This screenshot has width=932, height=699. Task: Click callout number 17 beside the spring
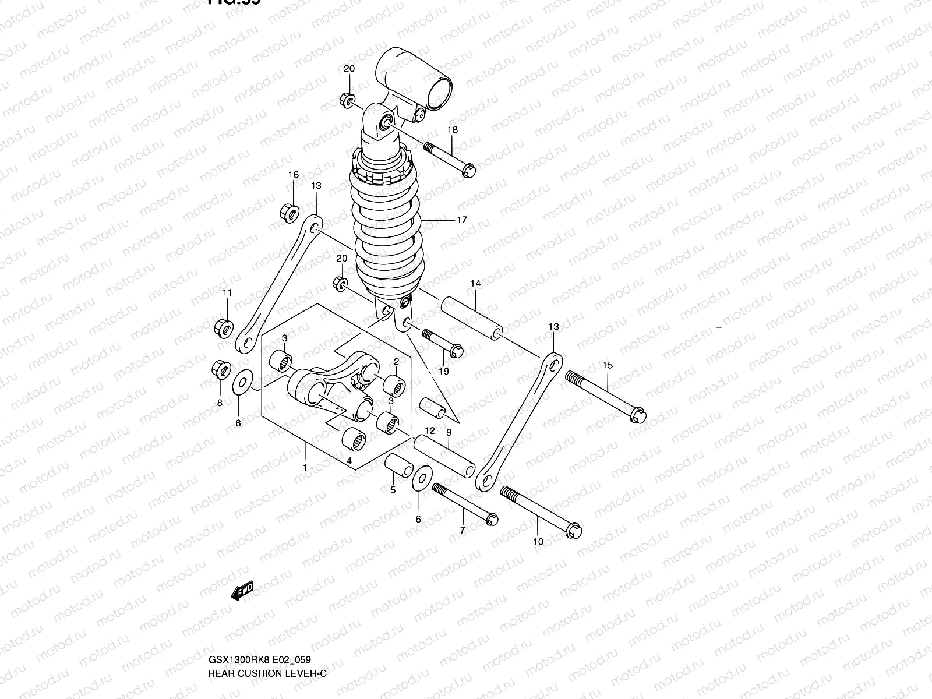click(462, 220)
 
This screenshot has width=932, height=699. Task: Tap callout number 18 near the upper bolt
click(453, 130)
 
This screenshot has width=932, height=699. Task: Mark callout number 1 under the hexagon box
click(304, 484)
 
